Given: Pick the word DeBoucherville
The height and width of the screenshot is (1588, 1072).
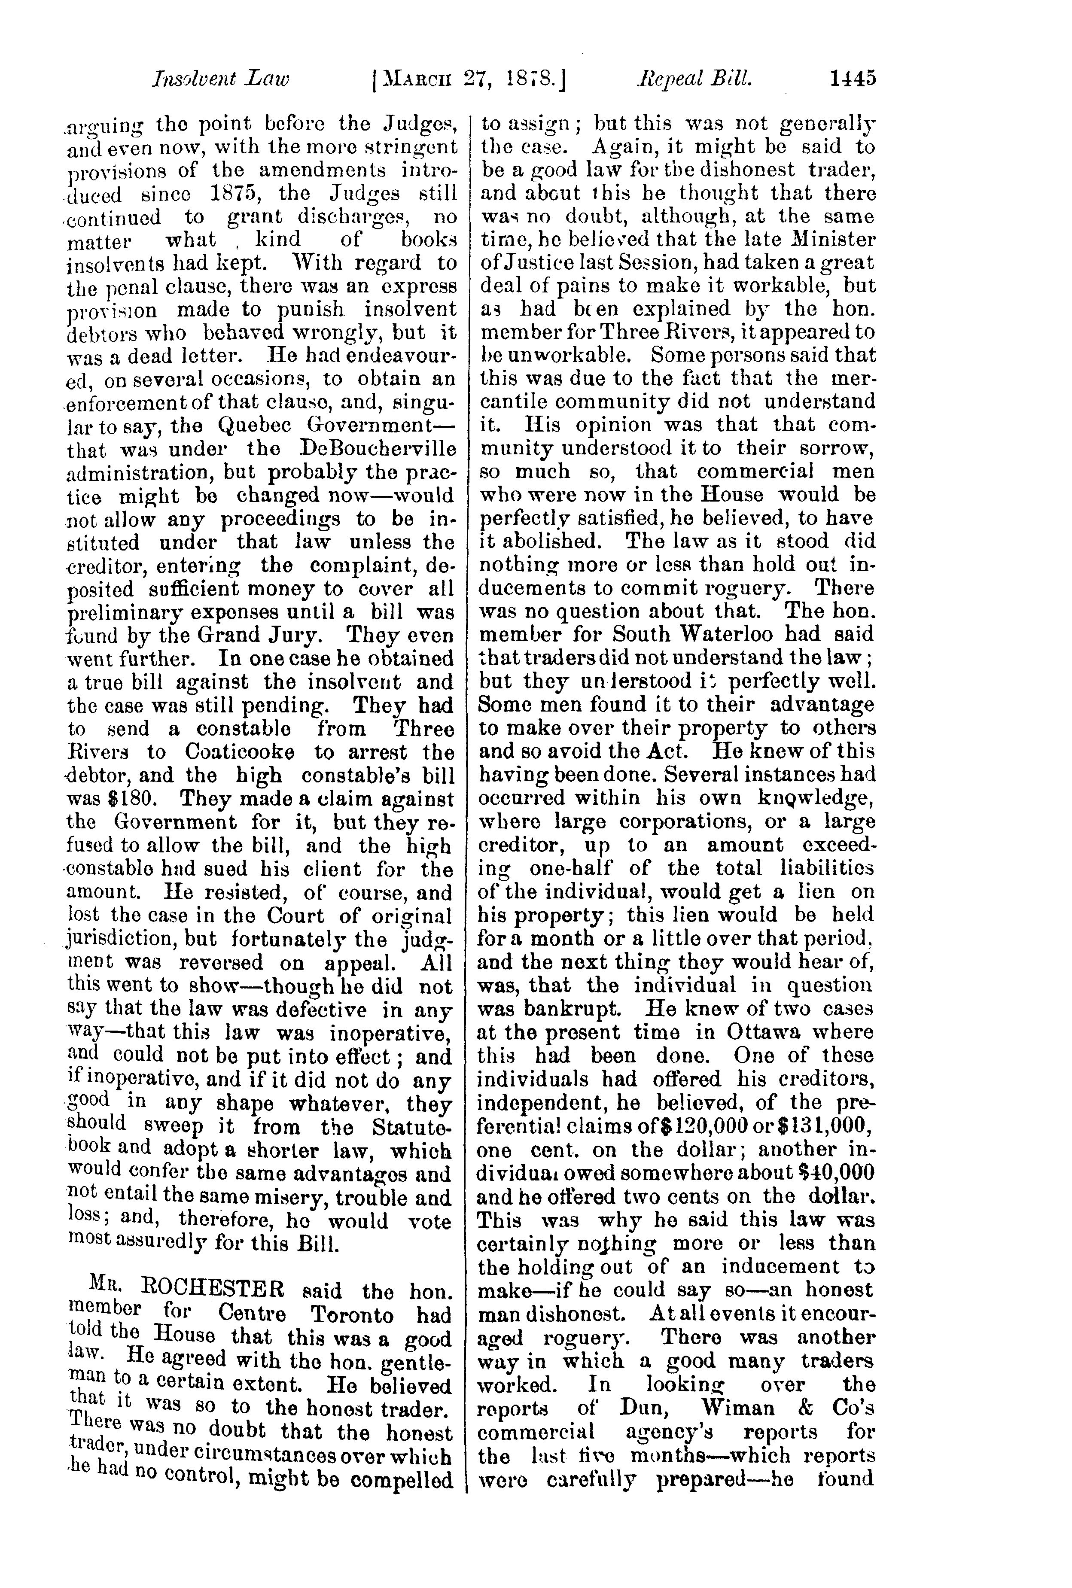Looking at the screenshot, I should click(377, 450).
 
